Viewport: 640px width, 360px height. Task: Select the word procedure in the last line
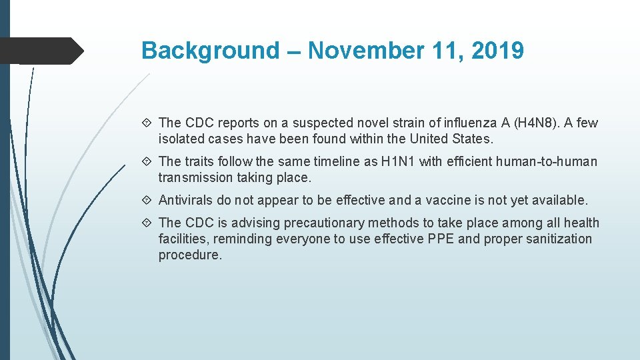click(189, 255)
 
